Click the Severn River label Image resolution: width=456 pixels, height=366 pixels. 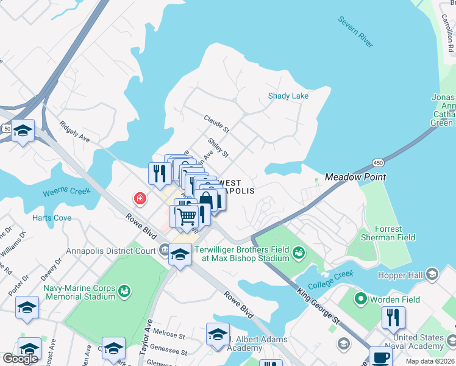coord(355,32)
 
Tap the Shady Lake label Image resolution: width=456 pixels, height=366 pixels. coord(288,96)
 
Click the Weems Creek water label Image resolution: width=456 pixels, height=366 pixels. coord(66,193)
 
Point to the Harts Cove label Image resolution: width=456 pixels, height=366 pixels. coord(52,218)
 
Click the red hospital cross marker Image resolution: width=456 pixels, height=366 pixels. coord(140,198)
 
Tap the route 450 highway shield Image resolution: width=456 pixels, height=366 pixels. coord(379,162)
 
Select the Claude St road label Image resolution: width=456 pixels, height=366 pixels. coord(216,124)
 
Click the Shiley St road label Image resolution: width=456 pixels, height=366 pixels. coord(218,147)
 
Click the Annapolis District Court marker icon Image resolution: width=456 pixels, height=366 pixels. coord(164,249)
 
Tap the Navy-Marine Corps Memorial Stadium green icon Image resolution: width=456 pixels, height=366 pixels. coord(124,290)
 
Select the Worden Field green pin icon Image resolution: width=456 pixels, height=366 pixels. coord(360,299)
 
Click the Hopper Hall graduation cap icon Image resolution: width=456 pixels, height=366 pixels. coord(432,273)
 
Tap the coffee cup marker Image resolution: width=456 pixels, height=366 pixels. coord(381,357)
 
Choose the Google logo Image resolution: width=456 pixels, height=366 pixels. coord(20,359)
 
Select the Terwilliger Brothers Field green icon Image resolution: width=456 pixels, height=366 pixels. coord(298,252)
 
